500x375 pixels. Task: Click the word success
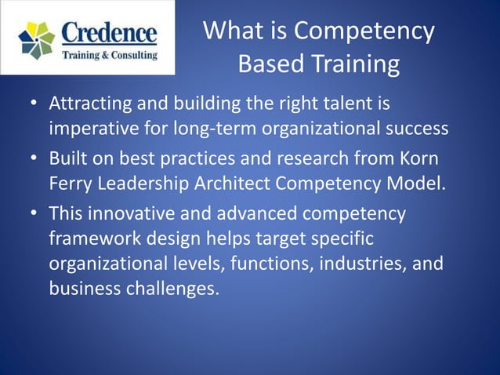(x=415, y=128)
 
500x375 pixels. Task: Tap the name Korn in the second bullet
(x=421, y=159)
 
